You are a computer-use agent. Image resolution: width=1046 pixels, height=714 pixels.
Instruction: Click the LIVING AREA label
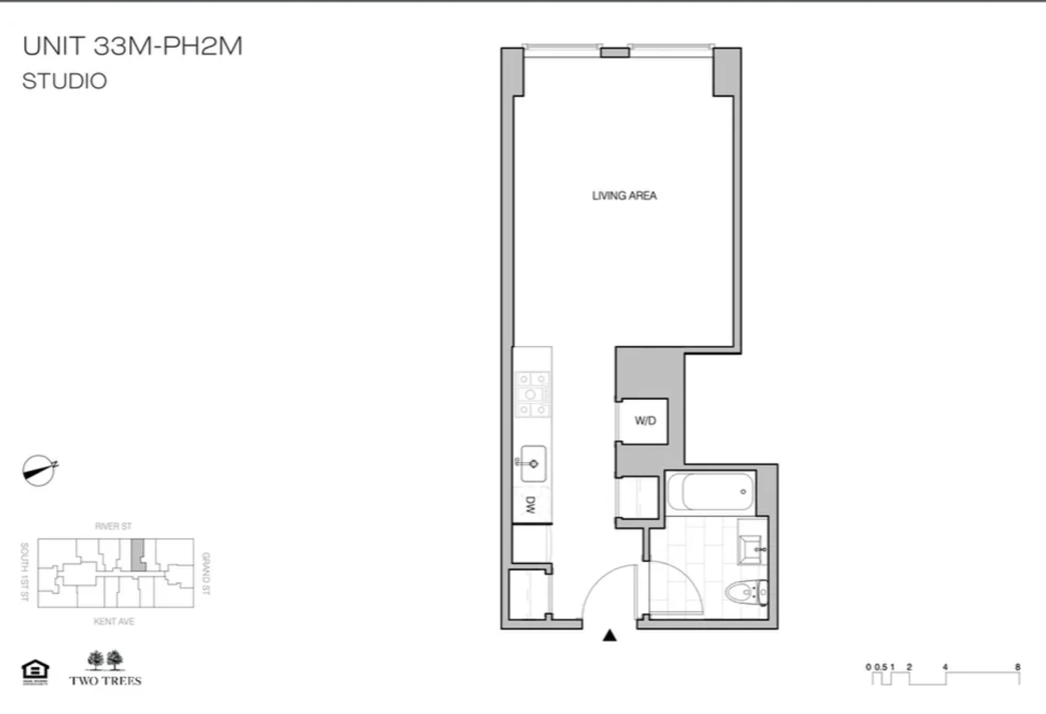624,196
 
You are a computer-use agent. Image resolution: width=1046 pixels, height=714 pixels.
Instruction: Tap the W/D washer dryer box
645,420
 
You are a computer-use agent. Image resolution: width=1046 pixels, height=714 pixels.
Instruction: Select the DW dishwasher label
531,505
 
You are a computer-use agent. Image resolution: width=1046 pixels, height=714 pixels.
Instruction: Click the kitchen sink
533,463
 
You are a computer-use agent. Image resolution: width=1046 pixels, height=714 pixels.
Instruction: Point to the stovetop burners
532,394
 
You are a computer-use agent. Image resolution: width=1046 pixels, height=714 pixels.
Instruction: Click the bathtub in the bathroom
711,491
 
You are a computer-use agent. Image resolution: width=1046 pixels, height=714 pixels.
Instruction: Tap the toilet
748,592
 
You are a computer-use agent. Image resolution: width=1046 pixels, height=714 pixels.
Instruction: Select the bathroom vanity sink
751,549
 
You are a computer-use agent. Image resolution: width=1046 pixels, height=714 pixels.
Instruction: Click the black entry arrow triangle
610,636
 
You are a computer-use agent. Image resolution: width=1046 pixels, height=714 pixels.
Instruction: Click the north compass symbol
39,470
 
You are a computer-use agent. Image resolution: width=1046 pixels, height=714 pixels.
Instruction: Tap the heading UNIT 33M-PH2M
132,46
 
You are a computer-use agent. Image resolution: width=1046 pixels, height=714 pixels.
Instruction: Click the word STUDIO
65,81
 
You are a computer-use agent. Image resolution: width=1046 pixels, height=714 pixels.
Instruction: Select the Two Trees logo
106,668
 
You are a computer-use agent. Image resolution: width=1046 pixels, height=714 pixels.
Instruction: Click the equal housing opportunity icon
36,672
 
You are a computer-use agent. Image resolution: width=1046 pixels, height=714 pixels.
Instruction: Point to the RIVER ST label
113,526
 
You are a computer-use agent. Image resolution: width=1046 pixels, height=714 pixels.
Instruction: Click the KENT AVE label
114,621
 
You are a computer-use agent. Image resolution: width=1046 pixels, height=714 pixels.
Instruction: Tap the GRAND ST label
206,573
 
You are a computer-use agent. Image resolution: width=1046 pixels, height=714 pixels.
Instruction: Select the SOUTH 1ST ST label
25,571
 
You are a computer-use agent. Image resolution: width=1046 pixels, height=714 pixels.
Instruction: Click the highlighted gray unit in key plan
138,554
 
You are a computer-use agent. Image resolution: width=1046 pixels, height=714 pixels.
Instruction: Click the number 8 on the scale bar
1017,667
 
